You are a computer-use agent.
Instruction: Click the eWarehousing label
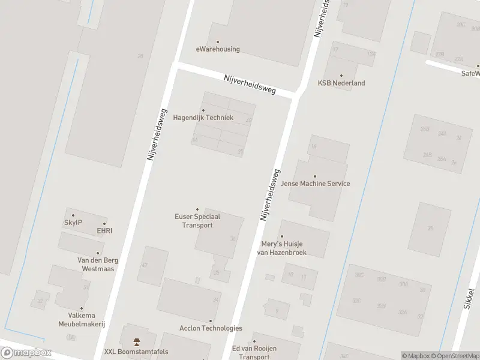tap(218, 49)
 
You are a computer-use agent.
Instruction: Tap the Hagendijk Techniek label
tap(203, 118)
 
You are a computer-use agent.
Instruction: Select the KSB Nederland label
tap(341, 83)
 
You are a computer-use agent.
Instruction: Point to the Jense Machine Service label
tap(316, 184)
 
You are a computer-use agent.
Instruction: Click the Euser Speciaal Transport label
tap(197, 221)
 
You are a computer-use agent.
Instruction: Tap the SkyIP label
tap(73, 223)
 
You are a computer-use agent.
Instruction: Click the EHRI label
tap(104, 230)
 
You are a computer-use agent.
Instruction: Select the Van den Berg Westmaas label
tap(98, 265)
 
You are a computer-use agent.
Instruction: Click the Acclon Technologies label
tap(211, 328)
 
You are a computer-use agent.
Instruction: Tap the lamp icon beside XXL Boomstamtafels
tap(136, 342)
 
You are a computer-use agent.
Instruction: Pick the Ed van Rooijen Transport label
tap(254, 352)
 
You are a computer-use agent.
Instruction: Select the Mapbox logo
tap(26, 353)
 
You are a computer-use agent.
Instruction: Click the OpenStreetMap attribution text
tap(453, 356)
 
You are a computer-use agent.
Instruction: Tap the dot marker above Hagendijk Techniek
tap(203, 110)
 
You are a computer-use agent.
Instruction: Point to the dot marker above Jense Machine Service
tap(315, 176)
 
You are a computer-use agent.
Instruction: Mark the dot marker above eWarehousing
tap(218, 42)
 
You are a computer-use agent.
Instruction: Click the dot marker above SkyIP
tap(73, 215)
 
